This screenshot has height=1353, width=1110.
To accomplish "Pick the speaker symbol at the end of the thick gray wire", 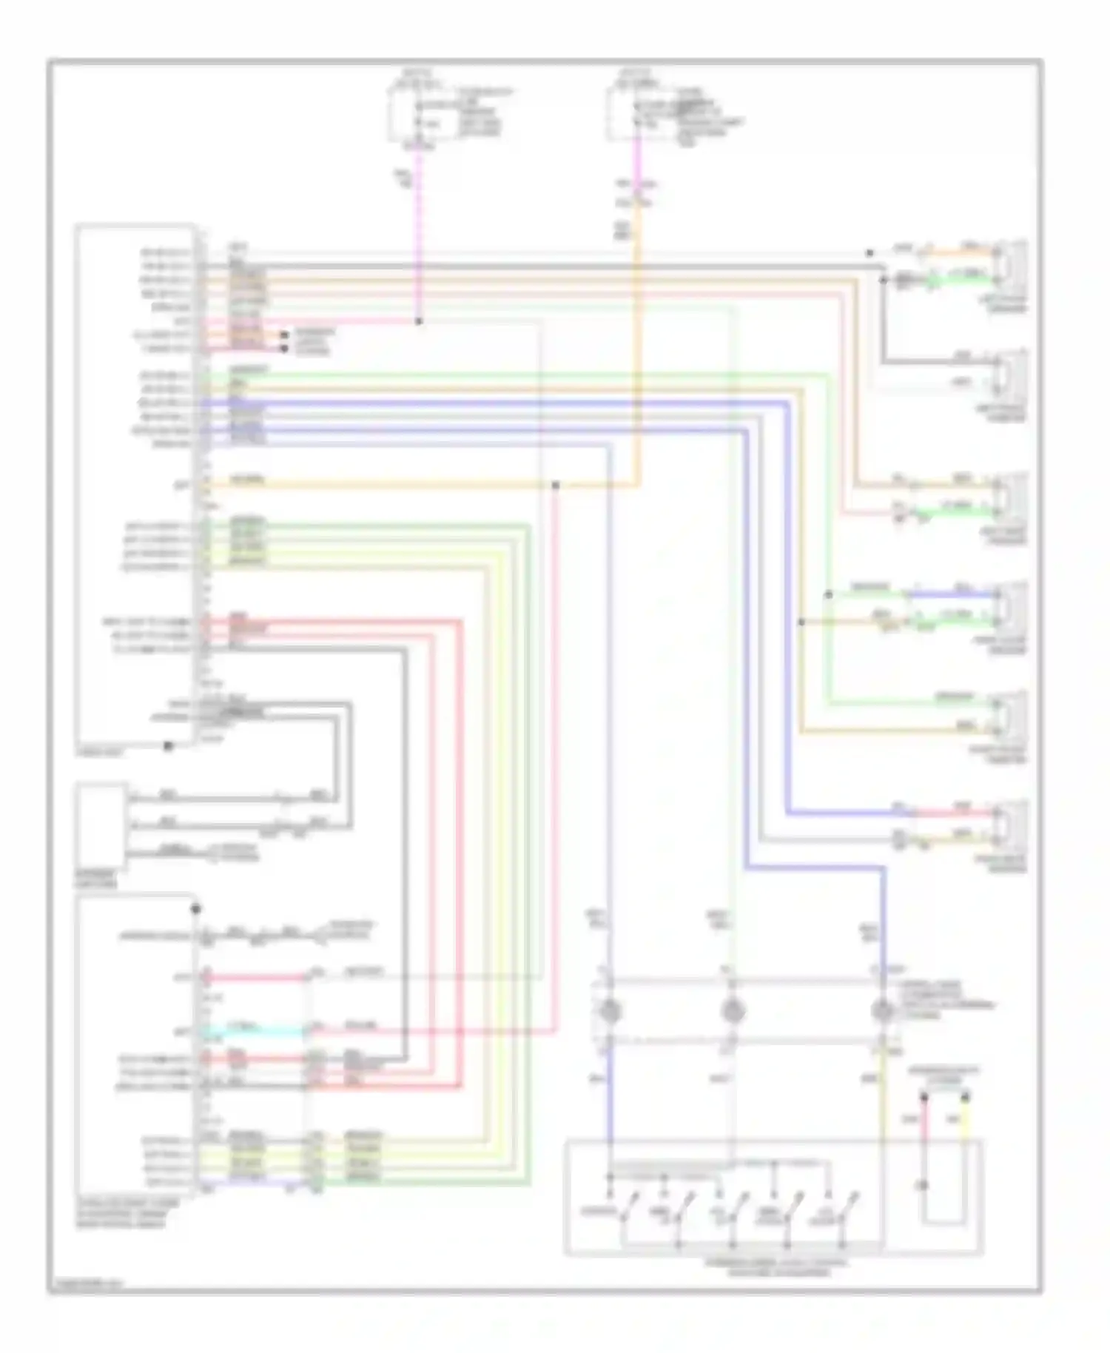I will pyautogui.click(x=1011, y=373).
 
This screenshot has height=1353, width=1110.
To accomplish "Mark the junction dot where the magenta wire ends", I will pyautogui.click(x=418, y=322).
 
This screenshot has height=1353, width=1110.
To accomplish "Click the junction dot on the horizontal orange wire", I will pyautogui.click(x=555, y=486).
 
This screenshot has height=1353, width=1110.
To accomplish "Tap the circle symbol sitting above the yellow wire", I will pyautogui.click(x=882, y=1010).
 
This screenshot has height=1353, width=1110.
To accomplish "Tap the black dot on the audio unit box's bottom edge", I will pyautogui.click(x=168, y=746).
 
